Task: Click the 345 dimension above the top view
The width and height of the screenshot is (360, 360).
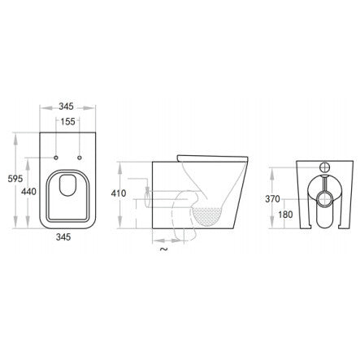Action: coord(67,106)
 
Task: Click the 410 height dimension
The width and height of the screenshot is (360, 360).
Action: coord(119,193)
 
